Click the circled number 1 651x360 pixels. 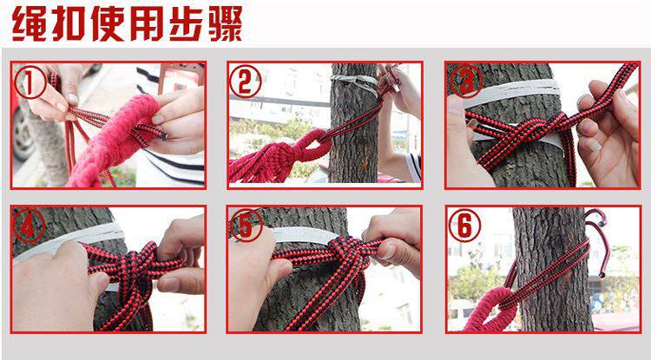coord(30,82)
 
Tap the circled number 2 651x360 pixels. coord(246,82)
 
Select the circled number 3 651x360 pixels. coord(466,82)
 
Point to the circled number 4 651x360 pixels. coord(29,226)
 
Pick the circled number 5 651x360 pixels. coord(247,226)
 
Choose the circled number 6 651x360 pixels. coord(464,226)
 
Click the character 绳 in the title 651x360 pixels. coord(29,23)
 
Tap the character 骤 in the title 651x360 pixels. coord(226,23)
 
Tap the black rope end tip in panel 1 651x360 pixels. coord(164,135)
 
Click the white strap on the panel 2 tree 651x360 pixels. coord(355,83)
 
